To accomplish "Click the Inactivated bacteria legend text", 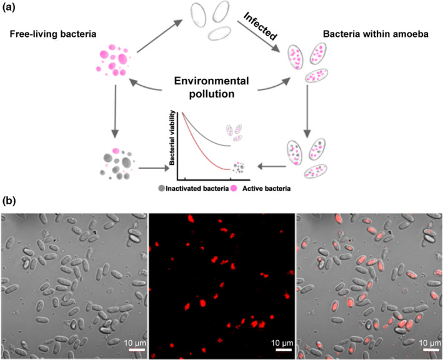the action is (x=199, y=188).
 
